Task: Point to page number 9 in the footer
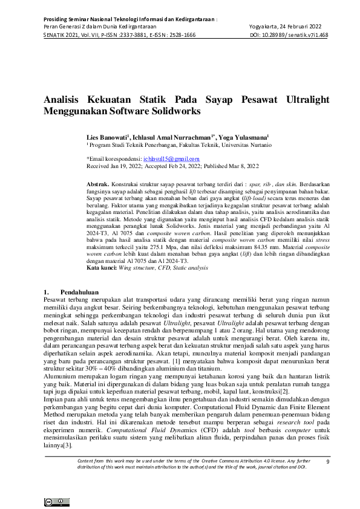(x=327, y=462)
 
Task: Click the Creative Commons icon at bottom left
(x=53, y=502)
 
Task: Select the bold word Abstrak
(x=98, y=183)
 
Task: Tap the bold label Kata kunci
(x=102, y=267)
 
